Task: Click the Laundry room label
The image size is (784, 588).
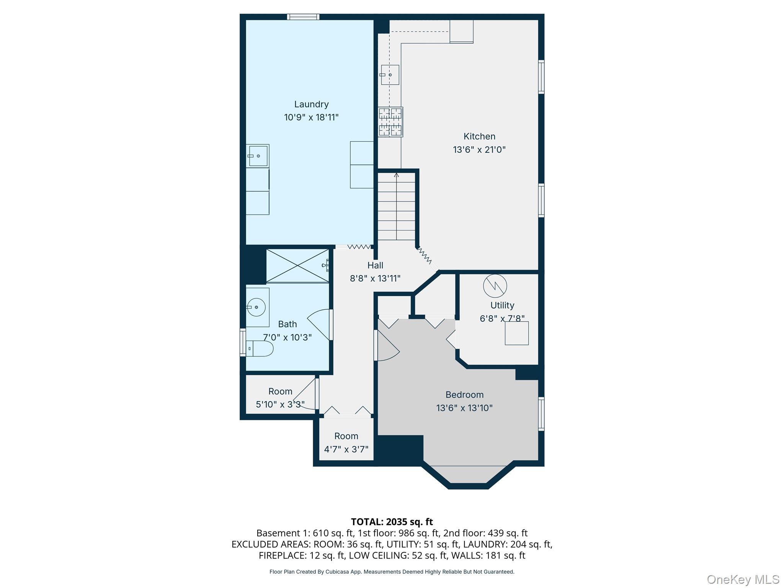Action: coord(311,104)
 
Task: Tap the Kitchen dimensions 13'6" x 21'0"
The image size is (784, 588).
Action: coord(479,150)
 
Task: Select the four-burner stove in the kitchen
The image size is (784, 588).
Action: coord(390,122)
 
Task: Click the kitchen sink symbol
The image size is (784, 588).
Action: coord(390,75)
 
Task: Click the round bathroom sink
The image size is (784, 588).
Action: coord(256,307)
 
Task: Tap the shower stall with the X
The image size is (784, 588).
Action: coord(297,266)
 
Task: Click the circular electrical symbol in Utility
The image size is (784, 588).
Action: coord(495,286)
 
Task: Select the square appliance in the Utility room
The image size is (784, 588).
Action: coord(516,333)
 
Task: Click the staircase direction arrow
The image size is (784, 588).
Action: coord(396,175)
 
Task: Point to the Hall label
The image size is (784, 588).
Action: coord(375,265)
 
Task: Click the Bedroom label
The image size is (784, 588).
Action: coord(464,395)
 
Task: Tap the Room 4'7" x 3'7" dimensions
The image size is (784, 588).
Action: coord(346,449)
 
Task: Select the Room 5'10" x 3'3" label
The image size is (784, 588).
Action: coord(280,391)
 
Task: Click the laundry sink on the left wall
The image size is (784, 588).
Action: coord(257,156)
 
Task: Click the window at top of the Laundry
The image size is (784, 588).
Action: coord(303,16)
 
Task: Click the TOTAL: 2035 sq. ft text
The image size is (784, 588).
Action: coord(392,522)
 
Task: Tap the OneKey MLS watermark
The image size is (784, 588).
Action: coord(743,580)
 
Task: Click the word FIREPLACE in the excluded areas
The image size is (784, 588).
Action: coord(281,555)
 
